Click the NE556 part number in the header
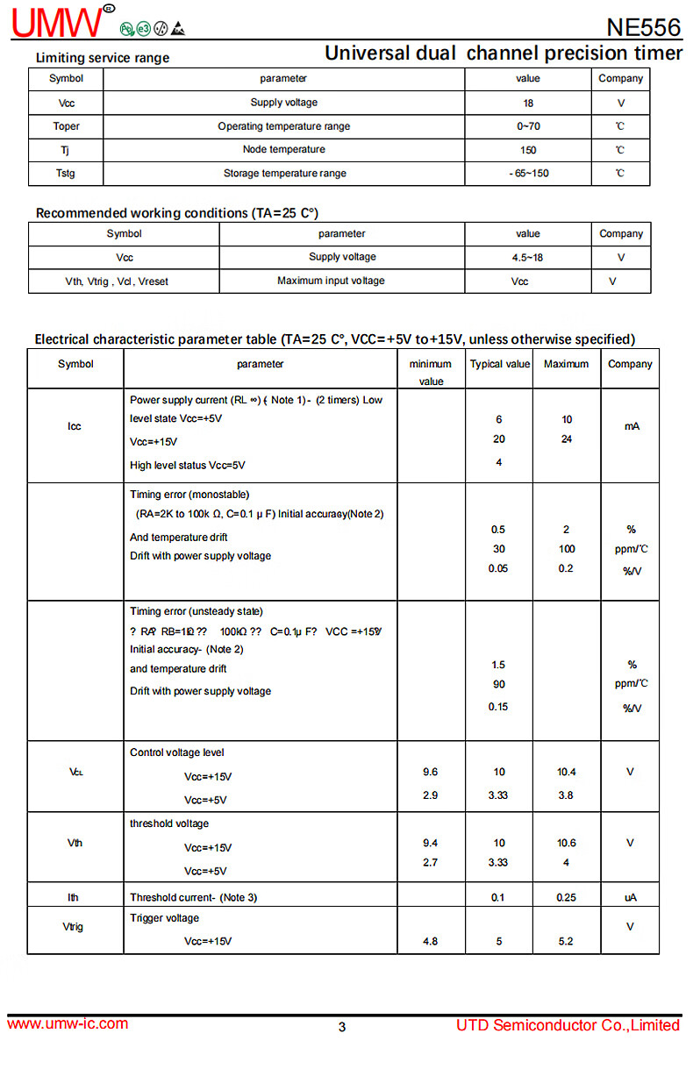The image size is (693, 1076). [x=643, y=27]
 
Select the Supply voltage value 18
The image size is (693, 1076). [x=528, y=103]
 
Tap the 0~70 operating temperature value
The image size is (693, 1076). [x=528, y=126]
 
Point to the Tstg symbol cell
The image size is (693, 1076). [x=66, y=174]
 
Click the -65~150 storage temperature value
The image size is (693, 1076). [x=529, y=174]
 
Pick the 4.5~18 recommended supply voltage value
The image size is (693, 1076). [x=528, y=258]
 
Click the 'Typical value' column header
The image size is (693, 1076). [x=500, y=364]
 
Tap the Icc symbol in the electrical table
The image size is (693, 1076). [x=75, y=426]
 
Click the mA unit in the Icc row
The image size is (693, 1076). [x=632, y=426]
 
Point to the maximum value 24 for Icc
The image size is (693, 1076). [x=567, y=439]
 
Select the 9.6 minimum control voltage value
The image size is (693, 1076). [x=430, y=772]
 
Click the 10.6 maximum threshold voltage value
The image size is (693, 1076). [x=567, y=843]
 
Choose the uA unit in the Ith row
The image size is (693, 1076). [x=630, y=897]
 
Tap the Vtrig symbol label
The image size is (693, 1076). [x=75, y=926]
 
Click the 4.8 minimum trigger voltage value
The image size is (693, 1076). [x=430, y=941]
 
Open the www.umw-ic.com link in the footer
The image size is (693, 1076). [x=68, y=1023]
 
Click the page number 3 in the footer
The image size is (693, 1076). [x=342, y=1027]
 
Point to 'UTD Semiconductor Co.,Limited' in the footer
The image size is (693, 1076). [x=568, y=1025]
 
